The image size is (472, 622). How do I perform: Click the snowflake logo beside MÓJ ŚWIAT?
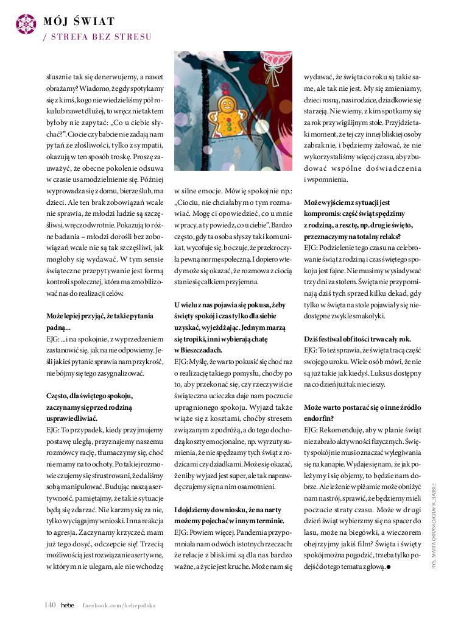(26, 23)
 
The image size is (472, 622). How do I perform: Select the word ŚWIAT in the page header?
(96, 22)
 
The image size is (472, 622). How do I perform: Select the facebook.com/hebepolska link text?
(119, 606)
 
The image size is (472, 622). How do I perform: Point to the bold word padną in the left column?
(58, 327)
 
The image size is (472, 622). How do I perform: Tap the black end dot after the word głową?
(388, 567)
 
